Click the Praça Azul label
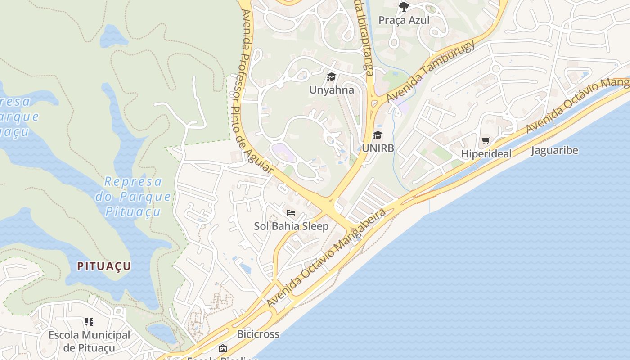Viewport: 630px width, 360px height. tap(404, 20)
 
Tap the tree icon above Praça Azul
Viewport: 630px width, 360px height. tap(404, 6)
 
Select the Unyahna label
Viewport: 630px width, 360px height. tap(332, 90)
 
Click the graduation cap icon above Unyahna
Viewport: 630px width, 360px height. tap(332, 77)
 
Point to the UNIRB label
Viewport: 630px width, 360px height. tap(378, 148)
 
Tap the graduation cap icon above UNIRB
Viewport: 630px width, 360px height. tap(378, 135)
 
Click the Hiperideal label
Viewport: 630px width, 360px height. tap(486, 154)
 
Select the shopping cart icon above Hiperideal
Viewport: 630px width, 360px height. tap(486, 141)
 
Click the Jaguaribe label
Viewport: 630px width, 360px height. tap(554, 150)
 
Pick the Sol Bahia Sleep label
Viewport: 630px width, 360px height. tap(291, 226)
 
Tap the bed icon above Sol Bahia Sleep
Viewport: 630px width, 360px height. tap(291, 212)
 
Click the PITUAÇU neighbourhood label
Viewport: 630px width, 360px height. tap(104, 266)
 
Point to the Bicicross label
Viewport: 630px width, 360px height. tap(258, 334)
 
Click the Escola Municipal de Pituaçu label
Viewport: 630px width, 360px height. tap(89, 341)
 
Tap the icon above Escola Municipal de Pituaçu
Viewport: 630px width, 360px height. tap(89, 322)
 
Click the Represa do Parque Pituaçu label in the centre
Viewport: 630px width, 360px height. tap(133, 197)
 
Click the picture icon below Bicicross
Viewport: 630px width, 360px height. tap(222, 348)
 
